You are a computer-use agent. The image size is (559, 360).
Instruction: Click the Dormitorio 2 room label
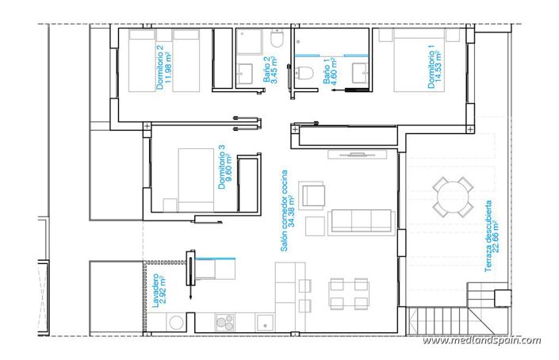(x=160, y=67)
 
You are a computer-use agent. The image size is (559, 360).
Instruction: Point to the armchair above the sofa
(x=312, y=194)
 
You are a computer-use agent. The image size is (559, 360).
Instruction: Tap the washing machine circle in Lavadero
(x=178, y=322)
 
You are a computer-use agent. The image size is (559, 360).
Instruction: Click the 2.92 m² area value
(x=163, y=291)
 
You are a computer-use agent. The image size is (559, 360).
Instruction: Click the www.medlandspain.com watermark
(x=481, y=341)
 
